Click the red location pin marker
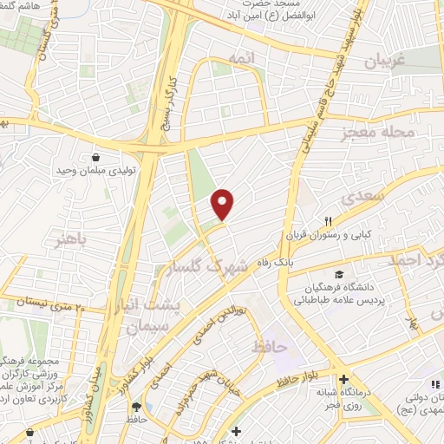pyautogui.click(x=224, y=204)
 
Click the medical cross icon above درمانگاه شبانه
pyautogui.click(x=345, y=380)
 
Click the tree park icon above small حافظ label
pyautogui.click(x=135, y=405)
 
